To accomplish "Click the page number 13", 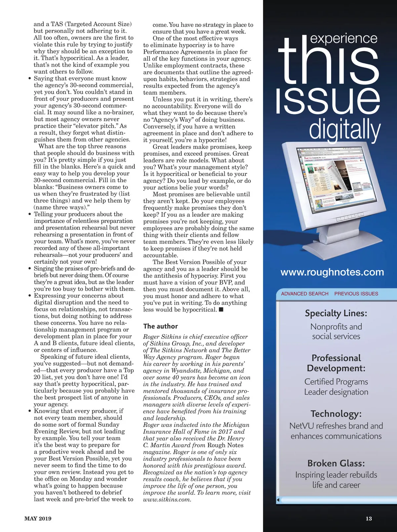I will pyautogui.click(x=369, y=519).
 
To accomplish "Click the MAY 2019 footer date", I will pyautogui.click(x=38, y=519).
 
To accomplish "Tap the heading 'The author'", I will pyautogui.click(x=160, y=326).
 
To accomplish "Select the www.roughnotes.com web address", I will pyautogui.click(x=332, y=272).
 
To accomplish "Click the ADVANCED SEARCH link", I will pyautogui.click(x=305, y=294).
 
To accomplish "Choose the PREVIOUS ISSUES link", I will pyautogui.click(x=356, y=294).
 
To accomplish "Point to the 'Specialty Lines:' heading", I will pyautogui.click(x=336, y=313).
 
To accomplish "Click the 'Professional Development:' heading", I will pyautogui.click(x=336, y=363).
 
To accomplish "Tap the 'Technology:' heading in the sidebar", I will pyautogui.click(x=336, y=414).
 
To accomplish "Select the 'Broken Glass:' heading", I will pyautogui.click(x=336, y=463).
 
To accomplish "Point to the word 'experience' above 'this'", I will pyautogui.click(x=344, y=38).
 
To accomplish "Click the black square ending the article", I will pyautogui.click(x=221, y=310).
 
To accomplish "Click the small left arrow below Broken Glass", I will pyautogui.click(x=278, y=500).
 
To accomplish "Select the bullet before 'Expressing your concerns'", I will pyautogui.click(x=30, y=296).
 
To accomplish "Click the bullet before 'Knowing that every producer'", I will pyautogui.click(x=30, y=411).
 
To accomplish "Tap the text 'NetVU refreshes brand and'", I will pyautogui.click(x=336, y=426).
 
